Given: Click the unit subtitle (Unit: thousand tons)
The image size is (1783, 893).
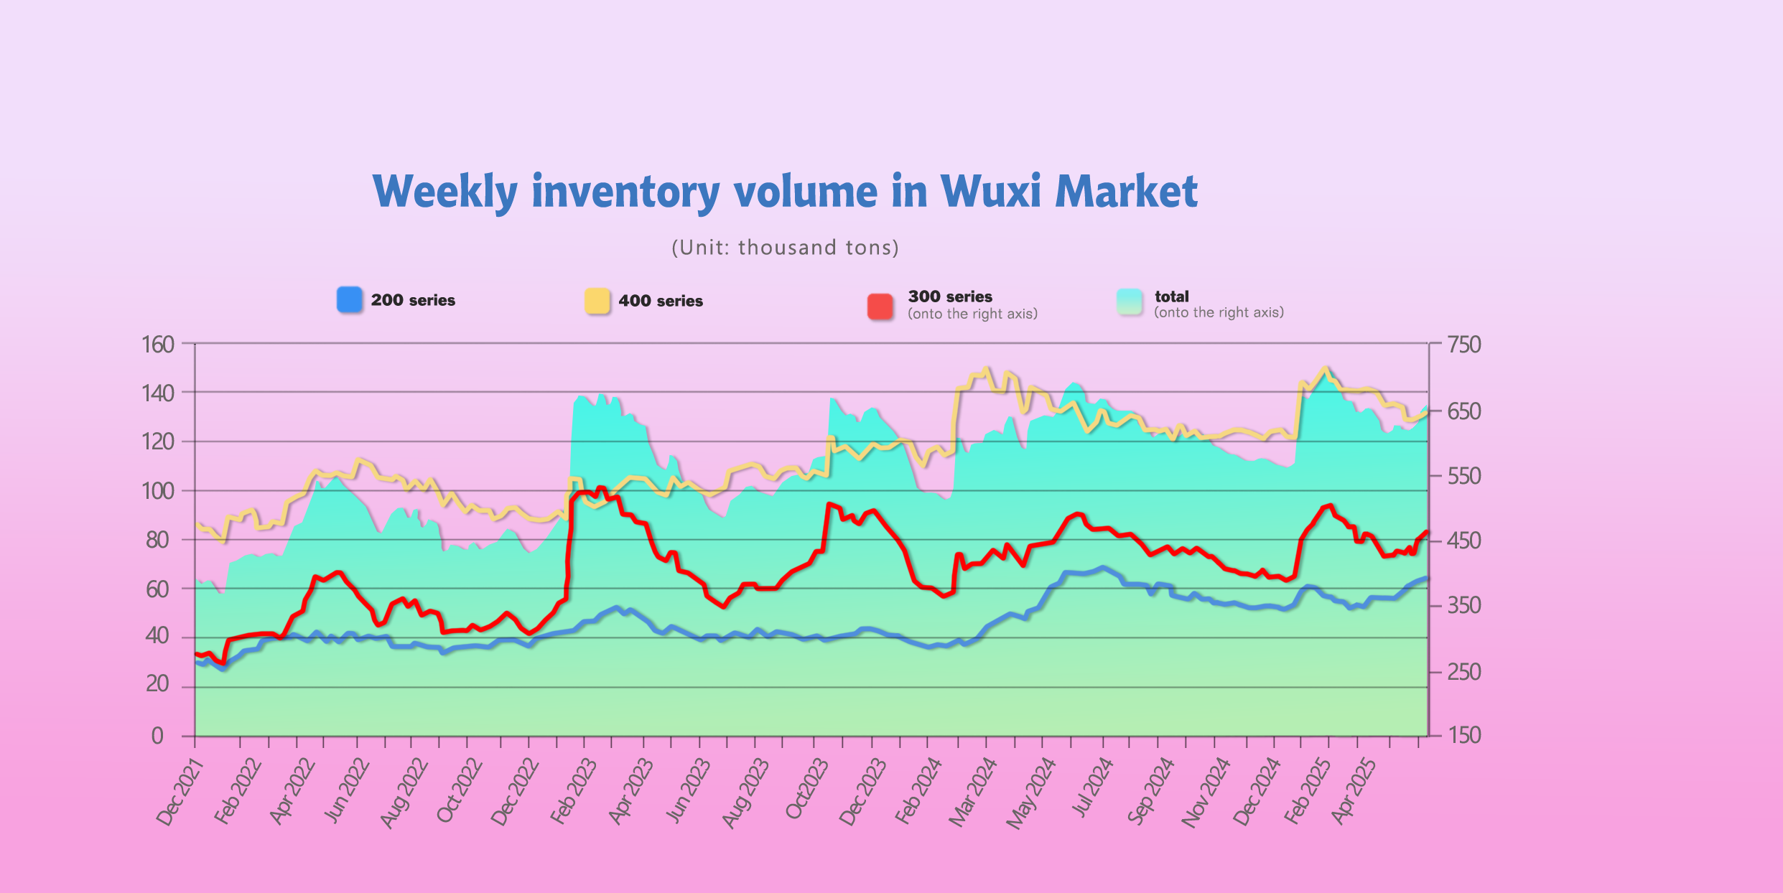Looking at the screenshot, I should tap(785, 248).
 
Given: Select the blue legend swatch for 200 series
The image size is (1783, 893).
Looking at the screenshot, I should tap(350, 300).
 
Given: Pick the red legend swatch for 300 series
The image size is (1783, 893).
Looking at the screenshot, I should tap(880, 307).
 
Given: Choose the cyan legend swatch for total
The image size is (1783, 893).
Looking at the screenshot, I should tap(1130, 302).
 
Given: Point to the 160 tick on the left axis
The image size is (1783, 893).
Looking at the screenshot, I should tap(158, 345).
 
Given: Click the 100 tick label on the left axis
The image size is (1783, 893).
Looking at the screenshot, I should tap(158, 492).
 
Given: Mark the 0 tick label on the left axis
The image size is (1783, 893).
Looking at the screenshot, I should tap(157, 736).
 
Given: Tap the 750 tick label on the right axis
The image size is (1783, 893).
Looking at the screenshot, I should tap(1464, 345).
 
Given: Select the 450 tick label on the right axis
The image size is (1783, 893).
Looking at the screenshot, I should tap(1464, 541).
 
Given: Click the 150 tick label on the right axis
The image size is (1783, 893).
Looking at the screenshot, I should tap(1464, 735).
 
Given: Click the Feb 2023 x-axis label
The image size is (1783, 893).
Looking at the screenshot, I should tap(574, 792).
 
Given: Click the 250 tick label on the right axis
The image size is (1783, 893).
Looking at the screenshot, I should tap(1464, 672).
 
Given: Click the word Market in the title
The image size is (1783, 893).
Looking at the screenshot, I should tap(1126, 192).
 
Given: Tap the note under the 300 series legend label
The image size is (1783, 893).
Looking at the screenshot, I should tap(972, 314).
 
